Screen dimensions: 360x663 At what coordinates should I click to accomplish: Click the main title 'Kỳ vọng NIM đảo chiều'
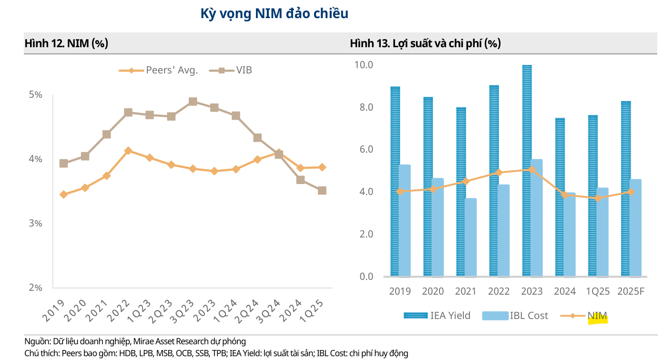coord(275,14)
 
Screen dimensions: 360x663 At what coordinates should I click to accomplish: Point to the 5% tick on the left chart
coord(36,95)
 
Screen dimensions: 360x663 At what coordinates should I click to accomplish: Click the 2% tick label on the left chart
coord(36,288)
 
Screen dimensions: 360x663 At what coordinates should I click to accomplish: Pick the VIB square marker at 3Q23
coord(193,102)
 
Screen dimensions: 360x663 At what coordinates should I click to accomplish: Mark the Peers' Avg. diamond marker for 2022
coord(128,151)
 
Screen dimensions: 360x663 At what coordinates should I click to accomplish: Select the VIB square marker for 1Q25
coord(322,191)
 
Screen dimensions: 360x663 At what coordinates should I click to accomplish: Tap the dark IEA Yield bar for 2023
coord(527,172)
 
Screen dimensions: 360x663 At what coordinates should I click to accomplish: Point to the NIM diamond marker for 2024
coord(565,195)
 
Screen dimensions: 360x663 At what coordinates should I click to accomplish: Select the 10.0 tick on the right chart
coord(364,64)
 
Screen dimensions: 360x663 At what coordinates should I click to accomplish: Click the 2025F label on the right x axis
coord(631,291)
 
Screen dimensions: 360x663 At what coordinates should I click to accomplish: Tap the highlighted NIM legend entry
coord(597,316)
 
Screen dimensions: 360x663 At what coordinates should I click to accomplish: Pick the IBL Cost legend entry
coord(529,316)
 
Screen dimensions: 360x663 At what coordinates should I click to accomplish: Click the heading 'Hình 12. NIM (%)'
coord(66,43)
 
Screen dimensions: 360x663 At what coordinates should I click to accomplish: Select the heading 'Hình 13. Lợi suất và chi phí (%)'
coord(425,43)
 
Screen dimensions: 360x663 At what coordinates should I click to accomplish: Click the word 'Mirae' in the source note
coord(144,341)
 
